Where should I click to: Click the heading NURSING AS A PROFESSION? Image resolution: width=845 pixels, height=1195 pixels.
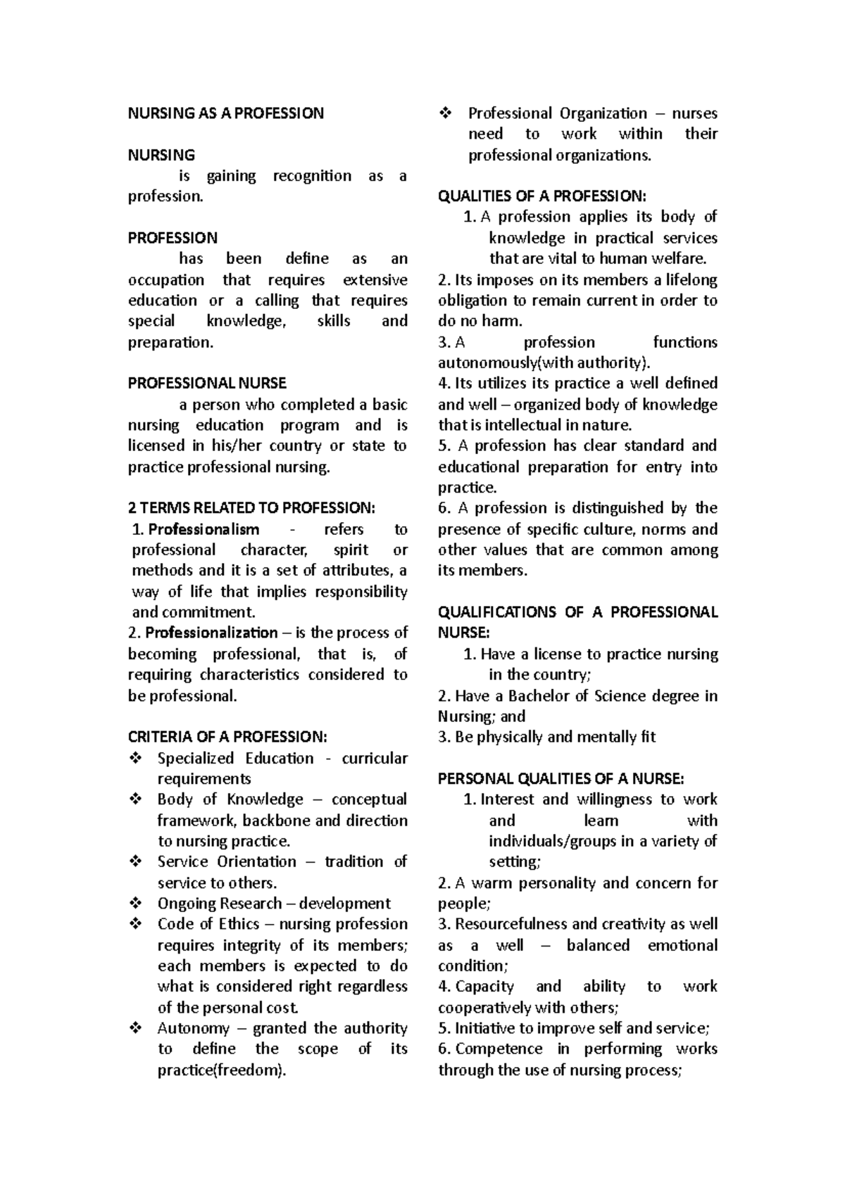point(225,113)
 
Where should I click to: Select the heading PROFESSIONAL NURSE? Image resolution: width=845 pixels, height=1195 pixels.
point(207,384)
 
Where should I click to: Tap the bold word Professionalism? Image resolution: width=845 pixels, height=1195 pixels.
point(204,529)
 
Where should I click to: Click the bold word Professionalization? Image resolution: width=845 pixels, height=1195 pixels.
point(211,633)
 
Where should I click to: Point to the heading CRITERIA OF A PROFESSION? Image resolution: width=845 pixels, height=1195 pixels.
point(227,737)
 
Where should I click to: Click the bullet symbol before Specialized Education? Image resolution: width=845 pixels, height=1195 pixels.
point(137,759)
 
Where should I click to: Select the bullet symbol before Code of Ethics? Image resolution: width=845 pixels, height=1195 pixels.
point(137,924)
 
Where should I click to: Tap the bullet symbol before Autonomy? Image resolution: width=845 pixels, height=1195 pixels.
point(137,1029)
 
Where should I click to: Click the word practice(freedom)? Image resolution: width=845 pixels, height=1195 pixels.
point(223,1070)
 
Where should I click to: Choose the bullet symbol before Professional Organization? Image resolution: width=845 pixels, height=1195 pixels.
point(446,113)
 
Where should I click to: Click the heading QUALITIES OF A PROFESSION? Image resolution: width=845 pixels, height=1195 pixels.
point(542,196)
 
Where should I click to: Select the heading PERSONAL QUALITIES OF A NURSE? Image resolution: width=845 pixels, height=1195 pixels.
point(561,778)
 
